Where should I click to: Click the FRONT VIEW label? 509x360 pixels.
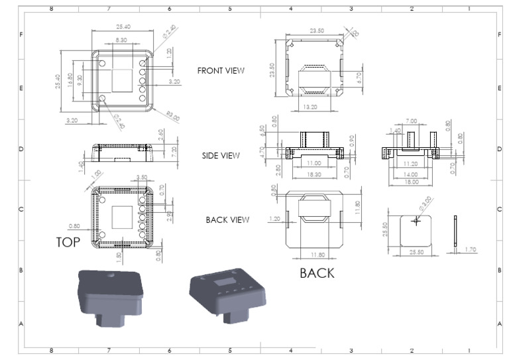(221, 70)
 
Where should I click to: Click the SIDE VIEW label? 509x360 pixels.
(221, 156)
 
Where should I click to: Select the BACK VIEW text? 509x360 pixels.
(227, 219)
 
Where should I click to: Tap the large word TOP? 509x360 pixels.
(68, 243)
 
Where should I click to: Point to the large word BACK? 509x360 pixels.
(317, 272)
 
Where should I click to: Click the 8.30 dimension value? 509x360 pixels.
(121, 40)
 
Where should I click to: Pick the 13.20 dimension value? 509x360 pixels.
(310, 105)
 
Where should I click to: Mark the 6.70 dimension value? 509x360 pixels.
(359, 78)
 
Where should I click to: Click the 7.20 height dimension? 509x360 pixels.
(173, 150)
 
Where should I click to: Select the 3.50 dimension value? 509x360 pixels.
(141, 177)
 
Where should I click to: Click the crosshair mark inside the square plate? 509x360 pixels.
(416, 221)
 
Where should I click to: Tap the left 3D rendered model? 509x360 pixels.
(111, 296)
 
